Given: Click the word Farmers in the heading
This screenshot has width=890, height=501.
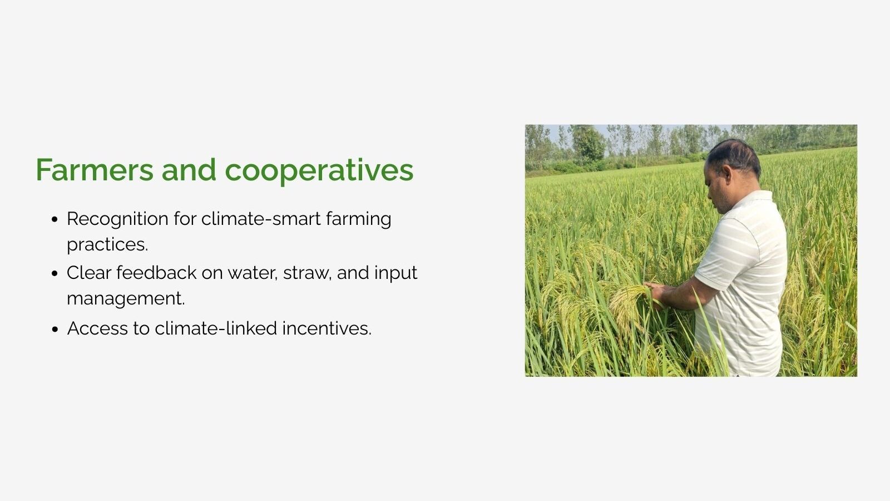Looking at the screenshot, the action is pos(95,170).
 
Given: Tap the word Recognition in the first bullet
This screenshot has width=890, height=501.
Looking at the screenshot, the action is pos(117,219).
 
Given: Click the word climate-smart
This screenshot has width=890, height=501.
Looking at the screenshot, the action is pos(261,219).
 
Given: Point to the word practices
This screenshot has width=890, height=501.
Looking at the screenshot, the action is pos(107,245).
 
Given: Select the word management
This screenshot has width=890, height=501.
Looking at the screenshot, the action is pos(126,298).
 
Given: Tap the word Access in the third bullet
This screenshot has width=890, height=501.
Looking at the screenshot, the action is pos(97,328).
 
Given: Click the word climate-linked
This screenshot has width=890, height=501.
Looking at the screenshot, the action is pos(216,328).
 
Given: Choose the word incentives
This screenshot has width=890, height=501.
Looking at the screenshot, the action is pos(327,328).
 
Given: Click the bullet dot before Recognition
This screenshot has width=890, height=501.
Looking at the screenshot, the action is pos(55,219).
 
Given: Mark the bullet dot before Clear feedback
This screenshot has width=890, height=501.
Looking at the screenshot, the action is pos(55,273).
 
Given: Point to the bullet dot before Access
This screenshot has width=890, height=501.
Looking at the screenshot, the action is pos(55,329).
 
